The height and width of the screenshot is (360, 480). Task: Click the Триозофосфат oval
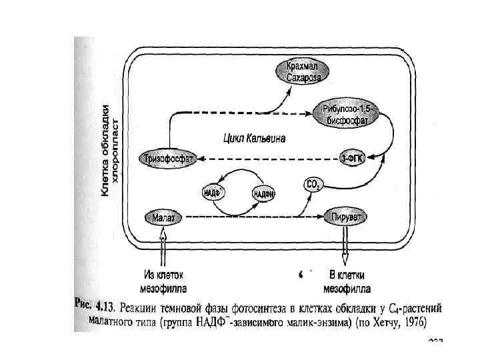point(167,159)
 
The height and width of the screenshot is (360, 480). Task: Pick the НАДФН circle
point(265,193)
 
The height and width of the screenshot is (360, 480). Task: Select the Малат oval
point(163,217)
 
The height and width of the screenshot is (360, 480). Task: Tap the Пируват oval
point(346,217)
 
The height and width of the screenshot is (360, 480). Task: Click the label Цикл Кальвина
point(253,139)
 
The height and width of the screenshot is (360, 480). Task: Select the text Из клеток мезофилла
point(163,281)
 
